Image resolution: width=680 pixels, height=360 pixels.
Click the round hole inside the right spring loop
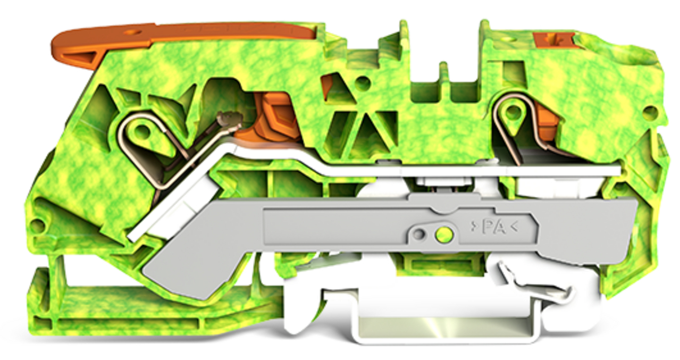pyautogui.click(x=513, y=111)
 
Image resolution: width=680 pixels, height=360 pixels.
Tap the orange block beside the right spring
pyautogui.click(x=547, y=120)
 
